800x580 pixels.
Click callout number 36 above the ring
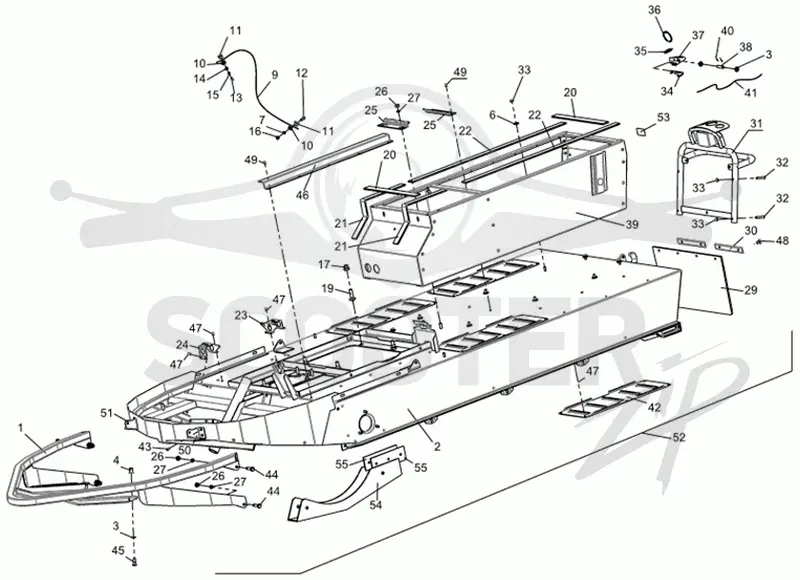point(654,10)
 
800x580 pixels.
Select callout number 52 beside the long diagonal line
point(679,437)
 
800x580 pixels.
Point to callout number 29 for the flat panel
point(751,290)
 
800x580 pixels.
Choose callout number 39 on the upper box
point(632,224)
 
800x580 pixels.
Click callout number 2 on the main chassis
point(437,447)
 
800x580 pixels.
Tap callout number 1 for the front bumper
point(20,427)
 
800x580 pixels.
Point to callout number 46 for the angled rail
point(303,195)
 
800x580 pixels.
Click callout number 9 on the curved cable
point(274,74)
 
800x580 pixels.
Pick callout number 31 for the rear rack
point(756,123)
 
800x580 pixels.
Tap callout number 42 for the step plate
point(654,408)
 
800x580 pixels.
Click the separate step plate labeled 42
point(613,398)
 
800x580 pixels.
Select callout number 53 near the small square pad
point(663,118)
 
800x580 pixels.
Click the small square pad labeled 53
point(641,131)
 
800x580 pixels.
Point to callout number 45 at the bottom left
point(118,550)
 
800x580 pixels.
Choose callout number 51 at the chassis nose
point(106,413)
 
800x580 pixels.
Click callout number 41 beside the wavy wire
point(751,93)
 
